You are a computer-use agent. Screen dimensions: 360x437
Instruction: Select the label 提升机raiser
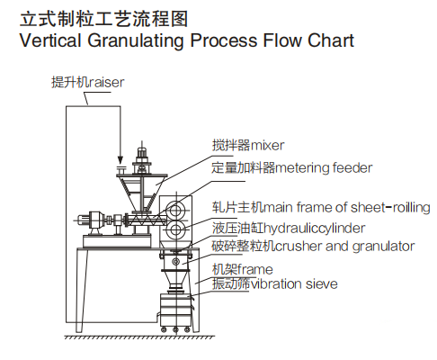[x=87, y=82]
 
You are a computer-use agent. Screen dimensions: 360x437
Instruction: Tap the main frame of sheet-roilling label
[x=320, y=208]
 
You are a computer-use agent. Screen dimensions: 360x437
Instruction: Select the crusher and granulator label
[x=313, y=245]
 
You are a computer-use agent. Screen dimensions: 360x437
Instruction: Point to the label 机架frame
[x=242, y=269]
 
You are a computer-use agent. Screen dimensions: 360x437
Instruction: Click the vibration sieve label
[x=274, y=284]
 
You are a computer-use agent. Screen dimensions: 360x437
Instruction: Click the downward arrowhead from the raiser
[x=120, y=160]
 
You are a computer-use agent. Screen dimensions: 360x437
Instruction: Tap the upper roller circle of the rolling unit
[x=181, y=208]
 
